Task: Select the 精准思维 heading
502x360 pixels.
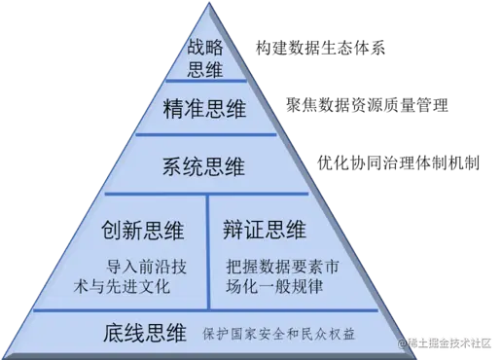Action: point(206,111)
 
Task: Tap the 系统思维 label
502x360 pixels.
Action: point(205,165)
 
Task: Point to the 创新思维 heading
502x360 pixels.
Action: point(144,231)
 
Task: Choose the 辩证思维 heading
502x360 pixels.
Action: point(265,231)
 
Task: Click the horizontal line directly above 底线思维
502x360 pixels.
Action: point(206,310)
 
